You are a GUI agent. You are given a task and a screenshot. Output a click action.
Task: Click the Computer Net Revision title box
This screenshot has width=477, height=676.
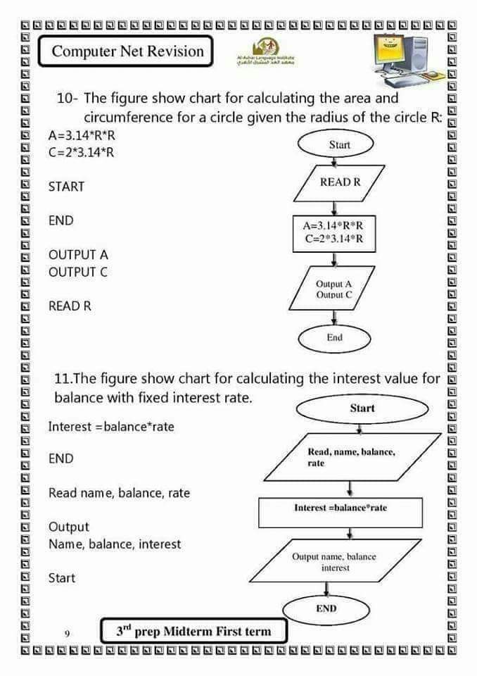127,51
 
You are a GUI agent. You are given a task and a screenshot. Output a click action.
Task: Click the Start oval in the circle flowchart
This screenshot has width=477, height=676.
339,144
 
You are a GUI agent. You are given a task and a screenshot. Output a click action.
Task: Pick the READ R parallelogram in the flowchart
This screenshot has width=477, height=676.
339,182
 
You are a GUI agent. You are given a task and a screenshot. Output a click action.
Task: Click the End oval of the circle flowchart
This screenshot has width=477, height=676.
335,338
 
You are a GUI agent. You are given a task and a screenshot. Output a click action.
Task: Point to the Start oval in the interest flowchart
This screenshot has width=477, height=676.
362,408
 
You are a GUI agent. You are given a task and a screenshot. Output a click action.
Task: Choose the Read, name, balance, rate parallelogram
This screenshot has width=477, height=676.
350,457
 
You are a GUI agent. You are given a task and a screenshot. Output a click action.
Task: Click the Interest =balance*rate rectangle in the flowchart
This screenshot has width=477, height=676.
341,508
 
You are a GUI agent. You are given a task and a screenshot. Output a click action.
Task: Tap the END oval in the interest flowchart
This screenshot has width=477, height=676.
326,608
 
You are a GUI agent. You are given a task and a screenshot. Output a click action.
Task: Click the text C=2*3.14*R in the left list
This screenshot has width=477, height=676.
81,152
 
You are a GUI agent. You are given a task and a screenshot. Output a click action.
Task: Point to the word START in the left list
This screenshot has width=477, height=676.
66,187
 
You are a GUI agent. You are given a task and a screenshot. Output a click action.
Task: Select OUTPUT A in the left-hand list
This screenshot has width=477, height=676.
78,254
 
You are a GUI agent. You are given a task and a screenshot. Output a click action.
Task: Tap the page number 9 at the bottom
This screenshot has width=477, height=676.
67,633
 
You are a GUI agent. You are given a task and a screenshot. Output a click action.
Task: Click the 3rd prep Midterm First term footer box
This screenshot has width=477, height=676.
193,631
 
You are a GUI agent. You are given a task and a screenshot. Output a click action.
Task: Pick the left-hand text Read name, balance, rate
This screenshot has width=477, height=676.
119,493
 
